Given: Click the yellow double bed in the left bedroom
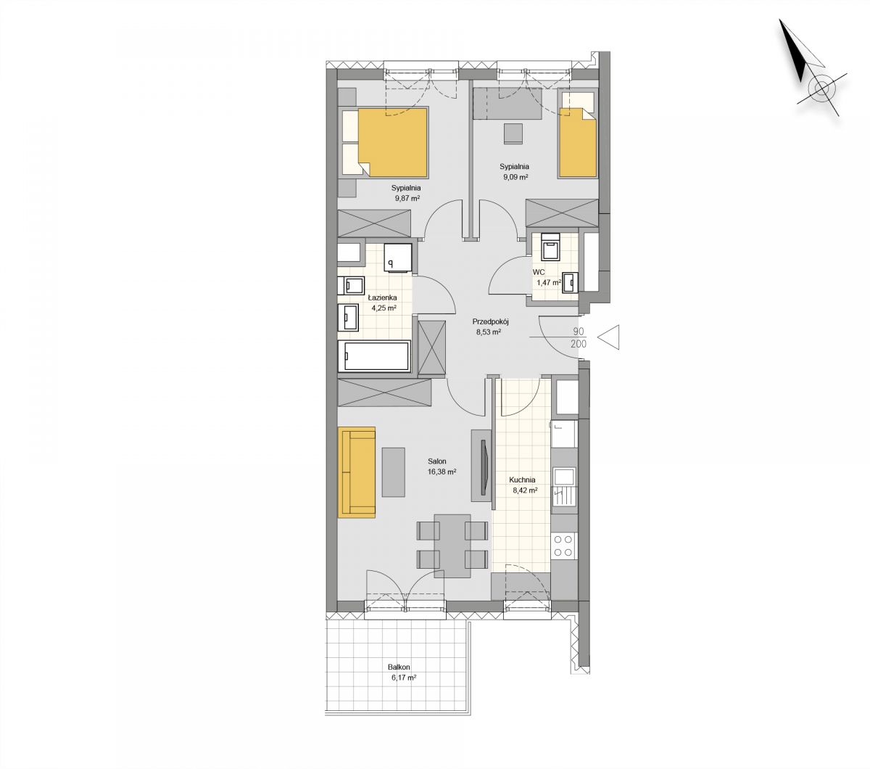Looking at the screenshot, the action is click(385, 142).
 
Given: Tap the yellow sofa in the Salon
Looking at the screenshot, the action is click(357, 472).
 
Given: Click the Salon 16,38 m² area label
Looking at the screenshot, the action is click(442, 466).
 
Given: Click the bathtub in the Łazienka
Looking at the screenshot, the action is click(374, 356).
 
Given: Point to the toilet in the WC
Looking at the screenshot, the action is click(550, 247).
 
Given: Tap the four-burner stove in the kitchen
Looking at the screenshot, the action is click(563, 546).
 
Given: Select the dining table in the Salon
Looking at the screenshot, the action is click(452, 546).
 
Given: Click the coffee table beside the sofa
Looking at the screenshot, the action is click(394, 472).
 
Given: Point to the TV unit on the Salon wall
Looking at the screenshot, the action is click(482, 465).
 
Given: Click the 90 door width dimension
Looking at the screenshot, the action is click(579, 332).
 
